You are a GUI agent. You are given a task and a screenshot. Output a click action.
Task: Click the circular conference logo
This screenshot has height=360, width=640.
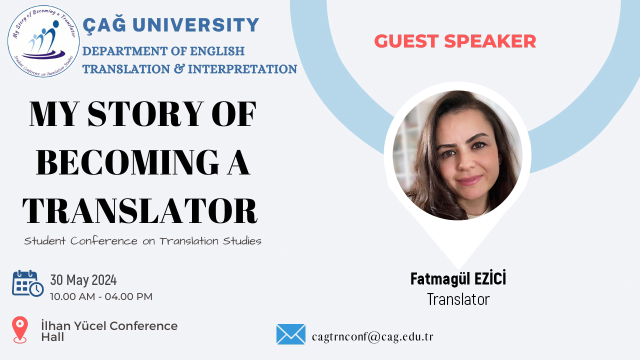click(43, 41)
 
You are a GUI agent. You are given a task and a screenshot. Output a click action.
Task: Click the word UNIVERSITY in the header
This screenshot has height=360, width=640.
click(195, 24)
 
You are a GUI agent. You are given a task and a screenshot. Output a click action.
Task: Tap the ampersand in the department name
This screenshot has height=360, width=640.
click(179, 68)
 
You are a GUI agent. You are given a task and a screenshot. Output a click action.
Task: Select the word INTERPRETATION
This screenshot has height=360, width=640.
click(242, 69)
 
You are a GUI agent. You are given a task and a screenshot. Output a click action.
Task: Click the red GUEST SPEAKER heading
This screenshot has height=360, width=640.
click(455, 41)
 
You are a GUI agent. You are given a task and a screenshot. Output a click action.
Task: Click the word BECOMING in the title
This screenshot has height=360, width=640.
click(127, 162)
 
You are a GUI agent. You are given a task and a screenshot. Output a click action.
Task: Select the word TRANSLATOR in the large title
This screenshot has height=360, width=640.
click(140, 210)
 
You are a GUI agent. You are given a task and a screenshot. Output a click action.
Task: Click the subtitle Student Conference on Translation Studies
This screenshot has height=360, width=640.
click(142, 241)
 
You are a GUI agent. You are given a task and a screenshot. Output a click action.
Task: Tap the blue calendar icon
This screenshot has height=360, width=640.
click(27, 283)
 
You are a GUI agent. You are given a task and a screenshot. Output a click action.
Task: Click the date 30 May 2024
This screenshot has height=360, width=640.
click(83, 279)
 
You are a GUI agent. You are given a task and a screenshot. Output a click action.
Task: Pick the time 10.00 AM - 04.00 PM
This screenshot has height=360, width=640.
click(101, 296)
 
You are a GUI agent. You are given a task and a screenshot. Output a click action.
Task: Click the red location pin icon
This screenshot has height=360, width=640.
click(20, 329)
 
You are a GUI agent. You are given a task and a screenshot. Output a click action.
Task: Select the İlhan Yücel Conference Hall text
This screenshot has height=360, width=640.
click(109, 331)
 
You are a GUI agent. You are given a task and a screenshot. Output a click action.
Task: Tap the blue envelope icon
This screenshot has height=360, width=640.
click(291, 334)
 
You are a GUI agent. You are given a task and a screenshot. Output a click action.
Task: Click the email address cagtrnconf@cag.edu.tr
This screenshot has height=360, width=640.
click(372, 336)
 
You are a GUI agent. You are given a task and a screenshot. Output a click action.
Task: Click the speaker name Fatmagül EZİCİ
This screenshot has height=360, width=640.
click(458, 278)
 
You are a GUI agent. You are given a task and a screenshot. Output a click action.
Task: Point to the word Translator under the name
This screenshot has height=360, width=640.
click(458, 299)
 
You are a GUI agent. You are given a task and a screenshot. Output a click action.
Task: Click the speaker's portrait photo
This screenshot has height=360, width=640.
click(457, 155)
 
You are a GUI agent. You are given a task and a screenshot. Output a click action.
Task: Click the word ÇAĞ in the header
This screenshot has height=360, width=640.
click(104, 25)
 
